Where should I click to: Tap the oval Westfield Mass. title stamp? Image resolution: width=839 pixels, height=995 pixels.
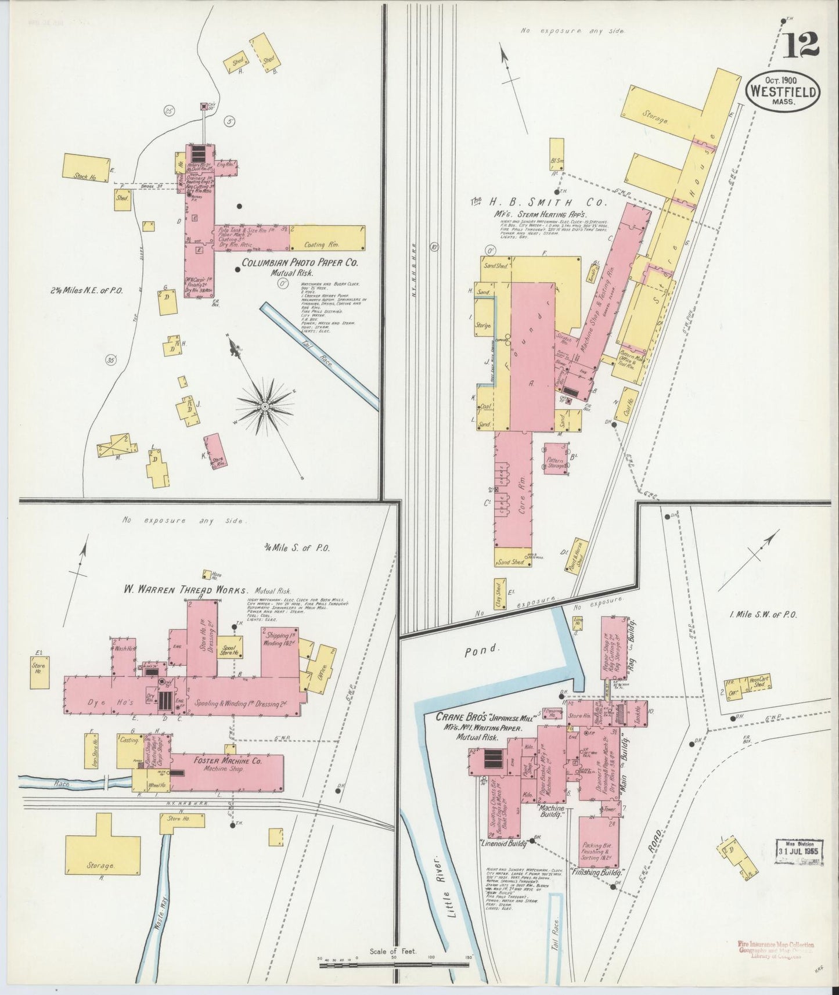pyautogui.click(x=783, y=91)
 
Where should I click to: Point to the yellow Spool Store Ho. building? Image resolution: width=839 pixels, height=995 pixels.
pyautogui.click(x=231, y=647)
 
